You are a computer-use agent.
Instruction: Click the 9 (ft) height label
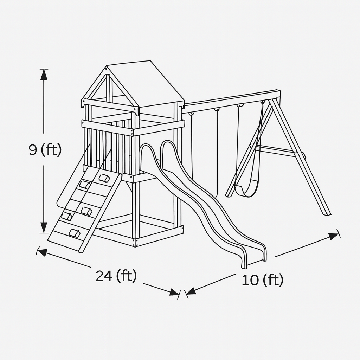tap(45, 149)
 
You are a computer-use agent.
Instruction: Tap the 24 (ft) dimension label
tap(116, 276)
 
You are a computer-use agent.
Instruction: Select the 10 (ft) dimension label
tap(263, 280)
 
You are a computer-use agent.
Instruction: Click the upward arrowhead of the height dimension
tap(44, 75)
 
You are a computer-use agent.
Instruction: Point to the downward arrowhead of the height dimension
tap(44, 228)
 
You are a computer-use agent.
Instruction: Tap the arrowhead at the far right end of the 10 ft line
tap(334, 236)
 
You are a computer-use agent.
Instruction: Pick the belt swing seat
tap(244, 189)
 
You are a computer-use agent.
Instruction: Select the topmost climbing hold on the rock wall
tap(104, 178)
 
